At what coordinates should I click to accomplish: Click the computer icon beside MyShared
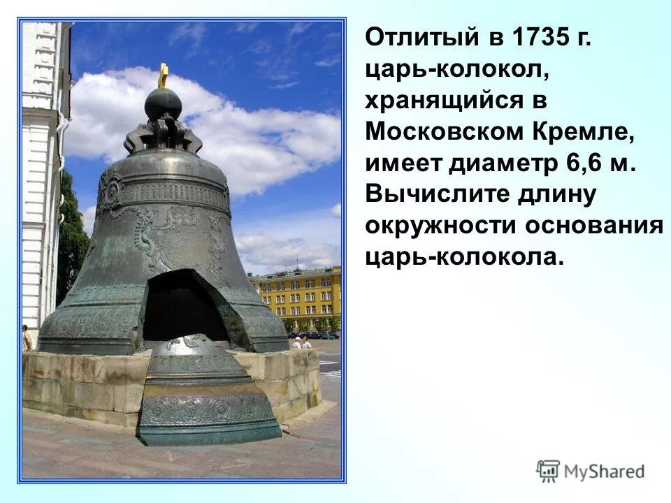[x=548, y=471]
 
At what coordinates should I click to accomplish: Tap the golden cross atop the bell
[x=164, y=75]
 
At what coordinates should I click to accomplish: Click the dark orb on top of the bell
[x=163, y=104]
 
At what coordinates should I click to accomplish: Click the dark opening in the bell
[x=183, y=307]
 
